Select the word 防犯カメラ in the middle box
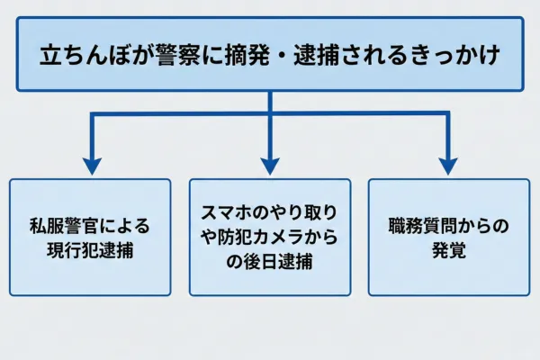tap(262, 238)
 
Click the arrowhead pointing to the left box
tap(90, 166)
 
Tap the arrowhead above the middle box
tap(270, 166)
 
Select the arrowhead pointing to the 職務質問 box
tap(448, 166)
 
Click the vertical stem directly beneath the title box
tap(270, 102)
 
